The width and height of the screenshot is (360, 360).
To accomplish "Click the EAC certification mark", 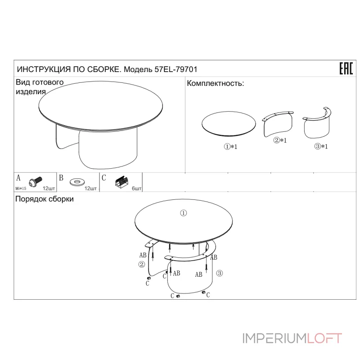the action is [346, 68].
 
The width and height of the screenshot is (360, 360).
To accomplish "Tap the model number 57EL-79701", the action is [176, 69].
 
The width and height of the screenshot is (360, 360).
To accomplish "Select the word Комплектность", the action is [214, 83].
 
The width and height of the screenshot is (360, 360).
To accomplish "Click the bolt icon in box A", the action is [36, 181].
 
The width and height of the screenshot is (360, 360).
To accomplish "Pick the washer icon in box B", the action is [77, 182].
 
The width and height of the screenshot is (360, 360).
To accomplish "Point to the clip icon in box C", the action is [121, 182].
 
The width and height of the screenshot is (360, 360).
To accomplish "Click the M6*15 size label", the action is [21, 189].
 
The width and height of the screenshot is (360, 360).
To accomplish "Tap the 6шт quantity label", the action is [137, 189].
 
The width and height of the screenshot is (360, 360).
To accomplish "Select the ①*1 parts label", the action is [230, 147].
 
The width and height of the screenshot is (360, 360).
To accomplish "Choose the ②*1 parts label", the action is [280, 140].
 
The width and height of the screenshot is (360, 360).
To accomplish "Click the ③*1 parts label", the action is [321, 146].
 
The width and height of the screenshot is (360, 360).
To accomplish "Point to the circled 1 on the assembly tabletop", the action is [183, 213].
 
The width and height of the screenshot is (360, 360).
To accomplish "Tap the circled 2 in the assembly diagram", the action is [142, 265].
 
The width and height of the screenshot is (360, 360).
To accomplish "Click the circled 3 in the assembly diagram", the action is [220, 273].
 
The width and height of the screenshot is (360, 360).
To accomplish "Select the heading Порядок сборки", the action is [45, 199].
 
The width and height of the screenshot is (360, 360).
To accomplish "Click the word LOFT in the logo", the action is [324, 338].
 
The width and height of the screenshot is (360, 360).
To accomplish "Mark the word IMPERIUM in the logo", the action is [275, 338].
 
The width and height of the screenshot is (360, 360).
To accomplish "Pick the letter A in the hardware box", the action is [18, 178].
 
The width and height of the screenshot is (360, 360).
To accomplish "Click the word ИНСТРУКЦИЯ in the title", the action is [44, 69].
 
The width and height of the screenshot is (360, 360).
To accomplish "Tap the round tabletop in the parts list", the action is [229, 124].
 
